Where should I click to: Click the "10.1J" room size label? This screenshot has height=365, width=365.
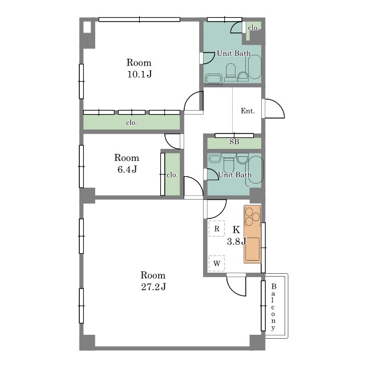tap(139, 74)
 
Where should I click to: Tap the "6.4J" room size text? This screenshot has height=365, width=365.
tap(127, 169)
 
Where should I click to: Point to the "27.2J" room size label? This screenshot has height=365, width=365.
tap(153, 287)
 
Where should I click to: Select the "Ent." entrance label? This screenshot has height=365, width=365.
tap(248, 111)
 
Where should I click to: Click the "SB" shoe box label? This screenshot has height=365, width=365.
tap(234, 141)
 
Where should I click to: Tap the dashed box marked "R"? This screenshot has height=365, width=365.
tap(217, 228)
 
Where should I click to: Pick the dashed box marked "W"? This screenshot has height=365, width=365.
tap(217, 263)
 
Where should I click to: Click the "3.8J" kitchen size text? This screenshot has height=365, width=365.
tap(237, 242)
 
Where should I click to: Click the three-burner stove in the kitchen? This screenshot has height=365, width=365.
tap(252, 217)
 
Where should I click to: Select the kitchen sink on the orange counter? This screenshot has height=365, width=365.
tap(252, 249)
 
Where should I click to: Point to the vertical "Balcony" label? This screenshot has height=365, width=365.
tap(274, 307)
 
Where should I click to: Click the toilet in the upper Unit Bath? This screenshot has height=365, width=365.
tap(230, 72)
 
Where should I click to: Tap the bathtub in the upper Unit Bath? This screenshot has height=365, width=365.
tap(255, 67)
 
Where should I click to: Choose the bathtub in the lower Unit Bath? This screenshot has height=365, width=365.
tap(255, 171)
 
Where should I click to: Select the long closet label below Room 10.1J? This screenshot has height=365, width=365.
tap(132, 123)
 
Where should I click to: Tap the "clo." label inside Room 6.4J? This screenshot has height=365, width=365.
tap(172, 175)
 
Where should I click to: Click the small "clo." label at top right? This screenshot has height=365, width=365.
tap(253, 28)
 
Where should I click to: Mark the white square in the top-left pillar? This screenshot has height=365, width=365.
tap(87, 27)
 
